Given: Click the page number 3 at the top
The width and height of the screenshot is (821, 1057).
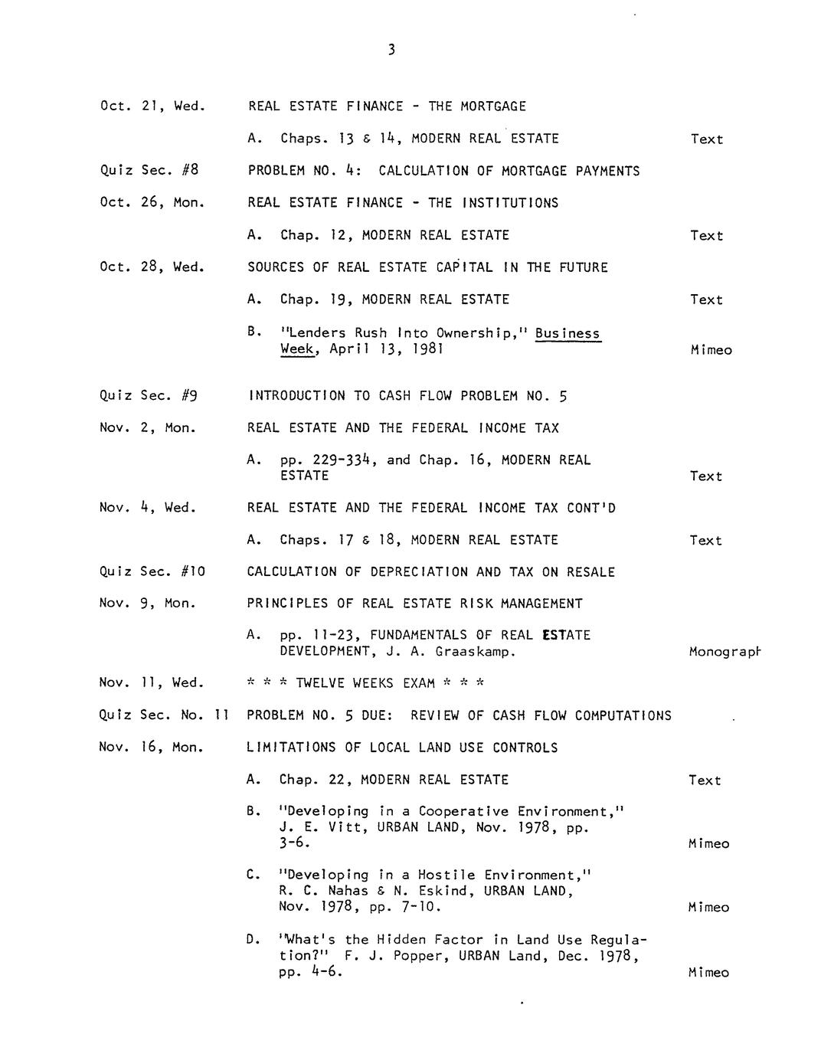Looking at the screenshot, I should coord(391,51).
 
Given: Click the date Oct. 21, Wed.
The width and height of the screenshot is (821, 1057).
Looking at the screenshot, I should coord(152,106).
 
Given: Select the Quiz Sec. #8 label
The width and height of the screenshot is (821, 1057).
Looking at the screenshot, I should coord(149,170).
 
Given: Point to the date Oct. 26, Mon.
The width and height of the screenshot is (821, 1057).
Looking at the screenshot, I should coord(152,203).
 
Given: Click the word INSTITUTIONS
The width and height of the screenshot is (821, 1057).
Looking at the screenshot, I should coord(510,203).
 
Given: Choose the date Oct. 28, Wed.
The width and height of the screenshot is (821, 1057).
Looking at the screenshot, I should coord(152,267).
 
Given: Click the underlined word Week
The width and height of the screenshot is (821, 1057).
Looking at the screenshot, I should coord(296,349).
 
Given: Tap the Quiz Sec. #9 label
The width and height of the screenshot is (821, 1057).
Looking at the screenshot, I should coord(149,395).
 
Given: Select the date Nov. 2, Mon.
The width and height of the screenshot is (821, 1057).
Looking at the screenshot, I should coord(148,428).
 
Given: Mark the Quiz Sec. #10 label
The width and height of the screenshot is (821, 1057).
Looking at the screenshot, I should coord(152,571).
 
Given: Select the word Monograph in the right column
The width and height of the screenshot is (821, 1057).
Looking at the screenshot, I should coord(725,652).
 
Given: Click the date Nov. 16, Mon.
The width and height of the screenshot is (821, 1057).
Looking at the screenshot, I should coord(152,748).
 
